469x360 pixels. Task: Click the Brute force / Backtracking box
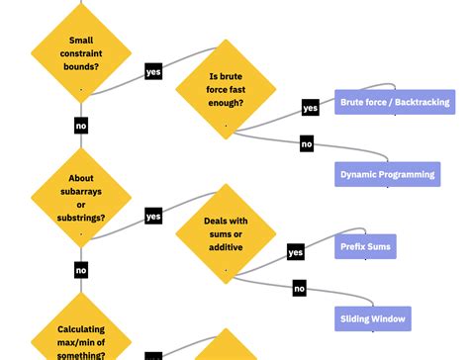[395, 102]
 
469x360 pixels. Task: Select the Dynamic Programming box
[387, 174]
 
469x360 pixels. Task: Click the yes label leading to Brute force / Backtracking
[310, 108]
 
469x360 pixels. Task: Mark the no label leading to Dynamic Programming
[307, 144]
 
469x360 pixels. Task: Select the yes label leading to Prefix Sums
[296, 253]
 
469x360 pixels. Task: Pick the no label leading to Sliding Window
[299, 289]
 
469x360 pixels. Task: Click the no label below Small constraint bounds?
[81, 126]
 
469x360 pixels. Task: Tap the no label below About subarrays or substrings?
[81, 270]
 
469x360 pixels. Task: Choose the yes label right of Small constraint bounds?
[153, 71]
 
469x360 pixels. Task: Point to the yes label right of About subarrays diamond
[153, 216]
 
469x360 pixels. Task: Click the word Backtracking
[422, 102]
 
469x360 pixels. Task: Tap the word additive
[226, 246]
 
